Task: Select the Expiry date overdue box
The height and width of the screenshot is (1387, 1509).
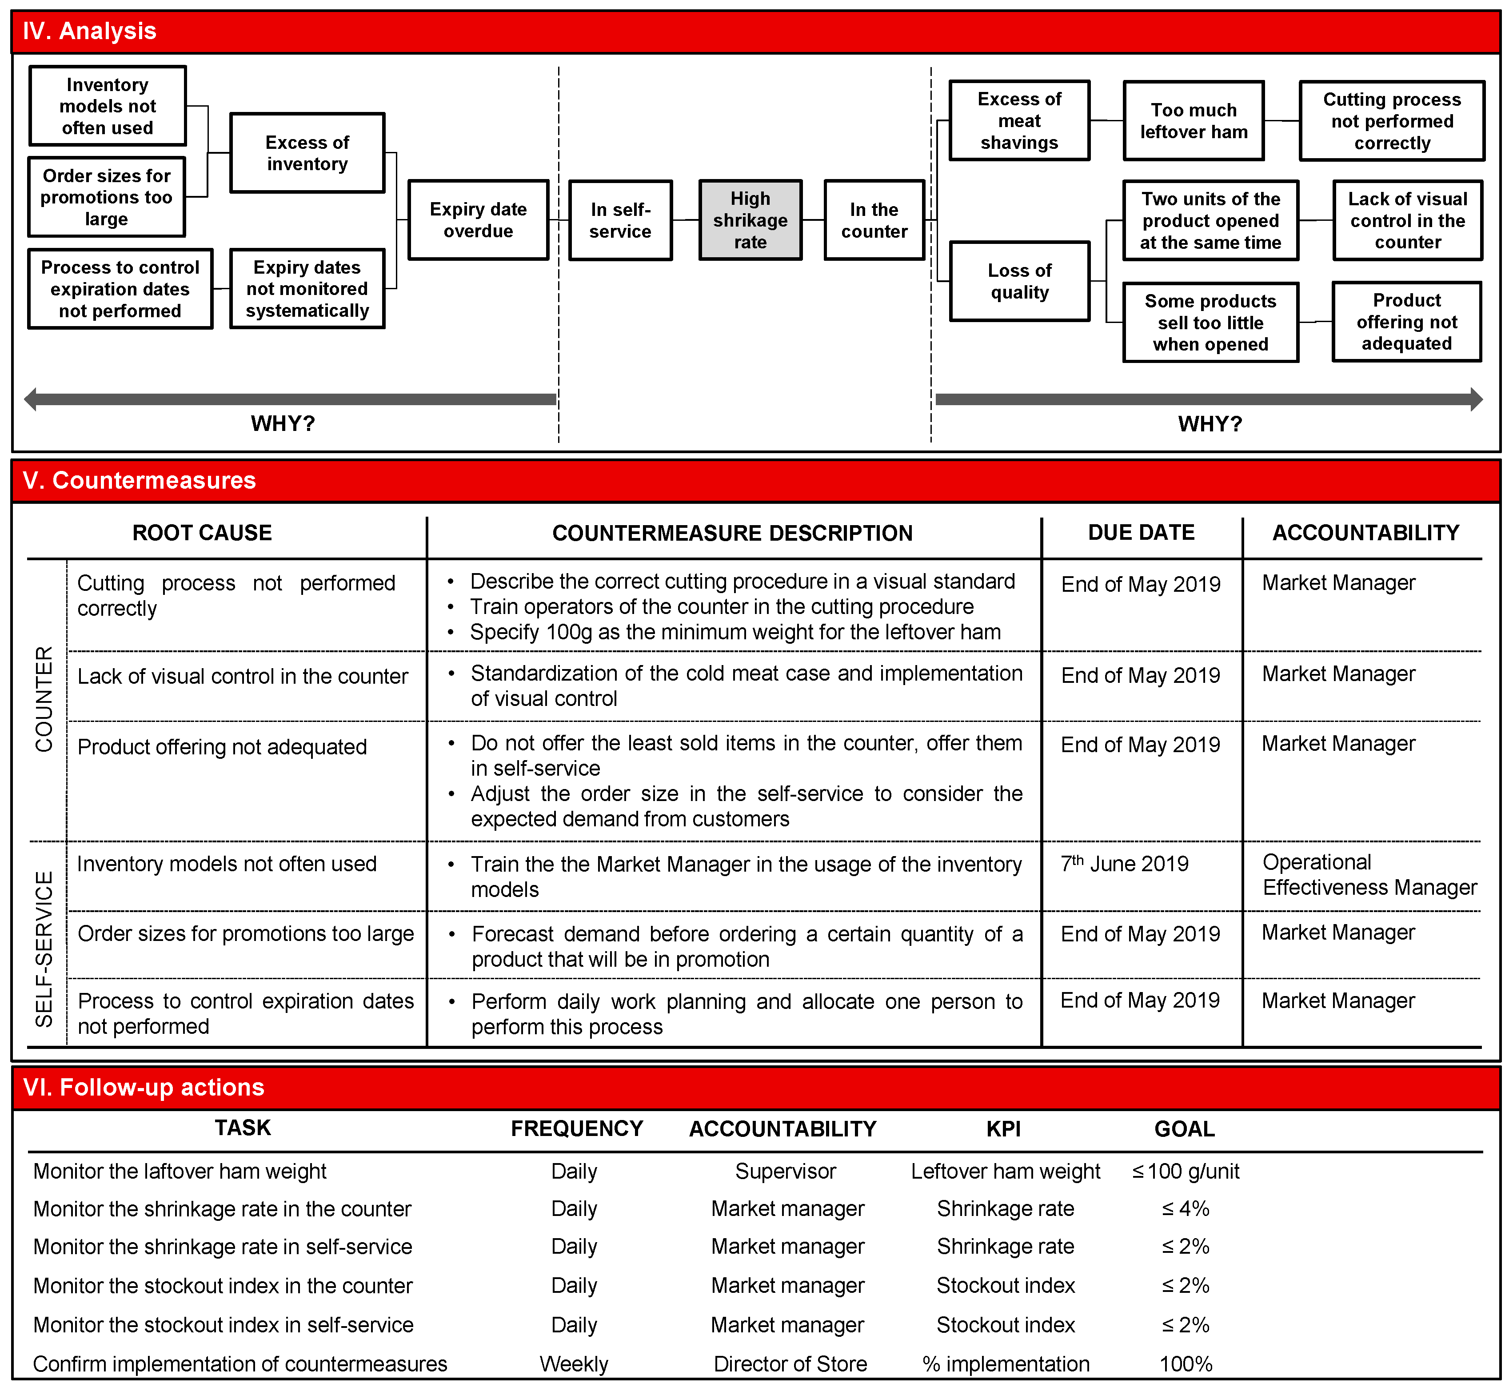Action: tap(478, 220)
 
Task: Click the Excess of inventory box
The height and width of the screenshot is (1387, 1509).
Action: tap(307, 153)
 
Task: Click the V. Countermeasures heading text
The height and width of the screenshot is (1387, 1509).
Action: tap(140, 480)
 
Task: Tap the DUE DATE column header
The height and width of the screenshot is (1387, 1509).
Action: tap(1140, 533)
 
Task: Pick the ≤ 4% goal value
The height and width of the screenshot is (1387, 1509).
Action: tap(1185, 1209)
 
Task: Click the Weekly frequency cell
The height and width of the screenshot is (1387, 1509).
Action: tap(574, 1364)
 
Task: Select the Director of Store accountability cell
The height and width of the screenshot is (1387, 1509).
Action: tap(790, 1364)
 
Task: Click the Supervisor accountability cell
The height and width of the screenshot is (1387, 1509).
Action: tap(785, 1172)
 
